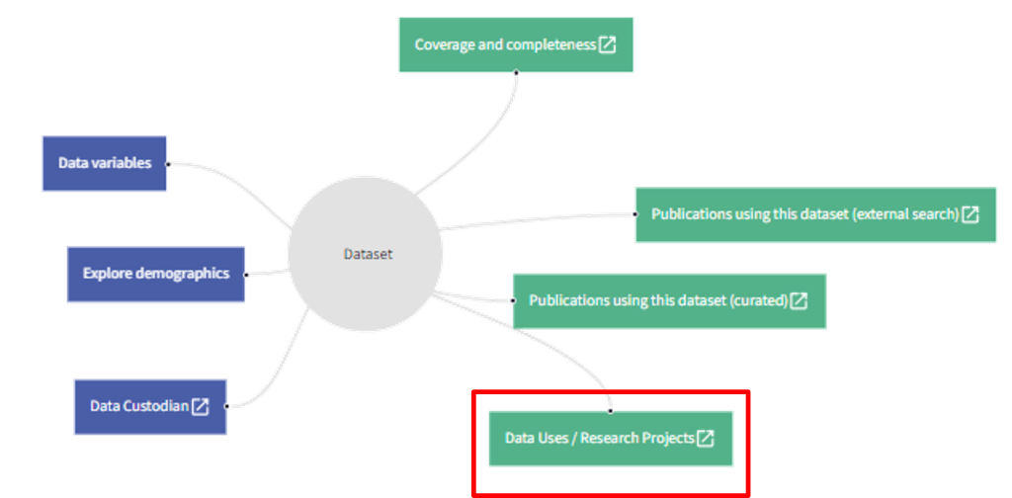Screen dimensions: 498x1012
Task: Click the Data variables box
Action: point(105,163)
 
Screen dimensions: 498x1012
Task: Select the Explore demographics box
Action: point(155,274)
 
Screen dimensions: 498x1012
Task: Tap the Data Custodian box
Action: point(149,406)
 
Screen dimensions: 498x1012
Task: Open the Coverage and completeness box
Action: point(515,44)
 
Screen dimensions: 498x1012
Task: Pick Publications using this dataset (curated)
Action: point(668,300)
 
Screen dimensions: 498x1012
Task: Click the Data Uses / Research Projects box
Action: point(611,439)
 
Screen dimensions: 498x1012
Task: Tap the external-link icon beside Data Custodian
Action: point(201,406)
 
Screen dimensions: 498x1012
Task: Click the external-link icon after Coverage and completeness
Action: point(608,44)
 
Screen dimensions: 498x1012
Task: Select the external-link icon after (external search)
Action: point(970,214)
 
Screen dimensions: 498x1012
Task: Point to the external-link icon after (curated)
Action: point(799,300)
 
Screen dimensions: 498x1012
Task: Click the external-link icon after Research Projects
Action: point(706,439)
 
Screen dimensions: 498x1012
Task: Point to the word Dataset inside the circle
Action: point(368,254)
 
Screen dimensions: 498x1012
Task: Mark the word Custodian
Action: point(158,406)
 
